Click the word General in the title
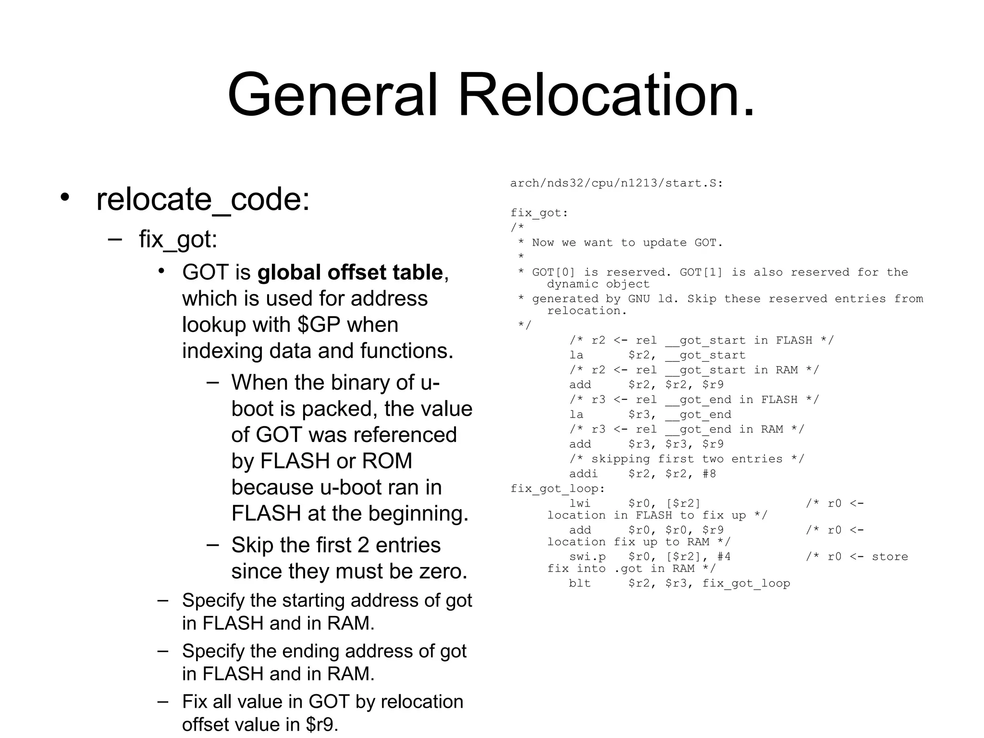coord(332,95)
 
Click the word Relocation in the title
coord(606,95)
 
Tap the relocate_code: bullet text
coord(203,199)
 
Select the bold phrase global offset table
coord(350,272)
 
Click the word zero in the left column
coord(440,571)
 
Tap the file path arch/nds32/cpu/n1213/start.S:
coord(616,183)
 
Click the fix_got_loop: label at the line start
coord(557,489)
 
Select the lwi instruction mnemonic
coord(580,504)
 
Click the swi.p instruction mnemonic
coord(587,557)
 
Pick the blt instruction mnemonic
coord(580,583)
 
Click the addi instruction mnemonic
coord(583,474)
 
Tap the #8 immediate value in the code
coord(709,474)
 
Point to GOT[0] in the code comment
coord(553,272)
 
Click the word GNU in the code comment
coord(639,299)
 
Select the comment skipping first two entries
coord(687,459)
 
